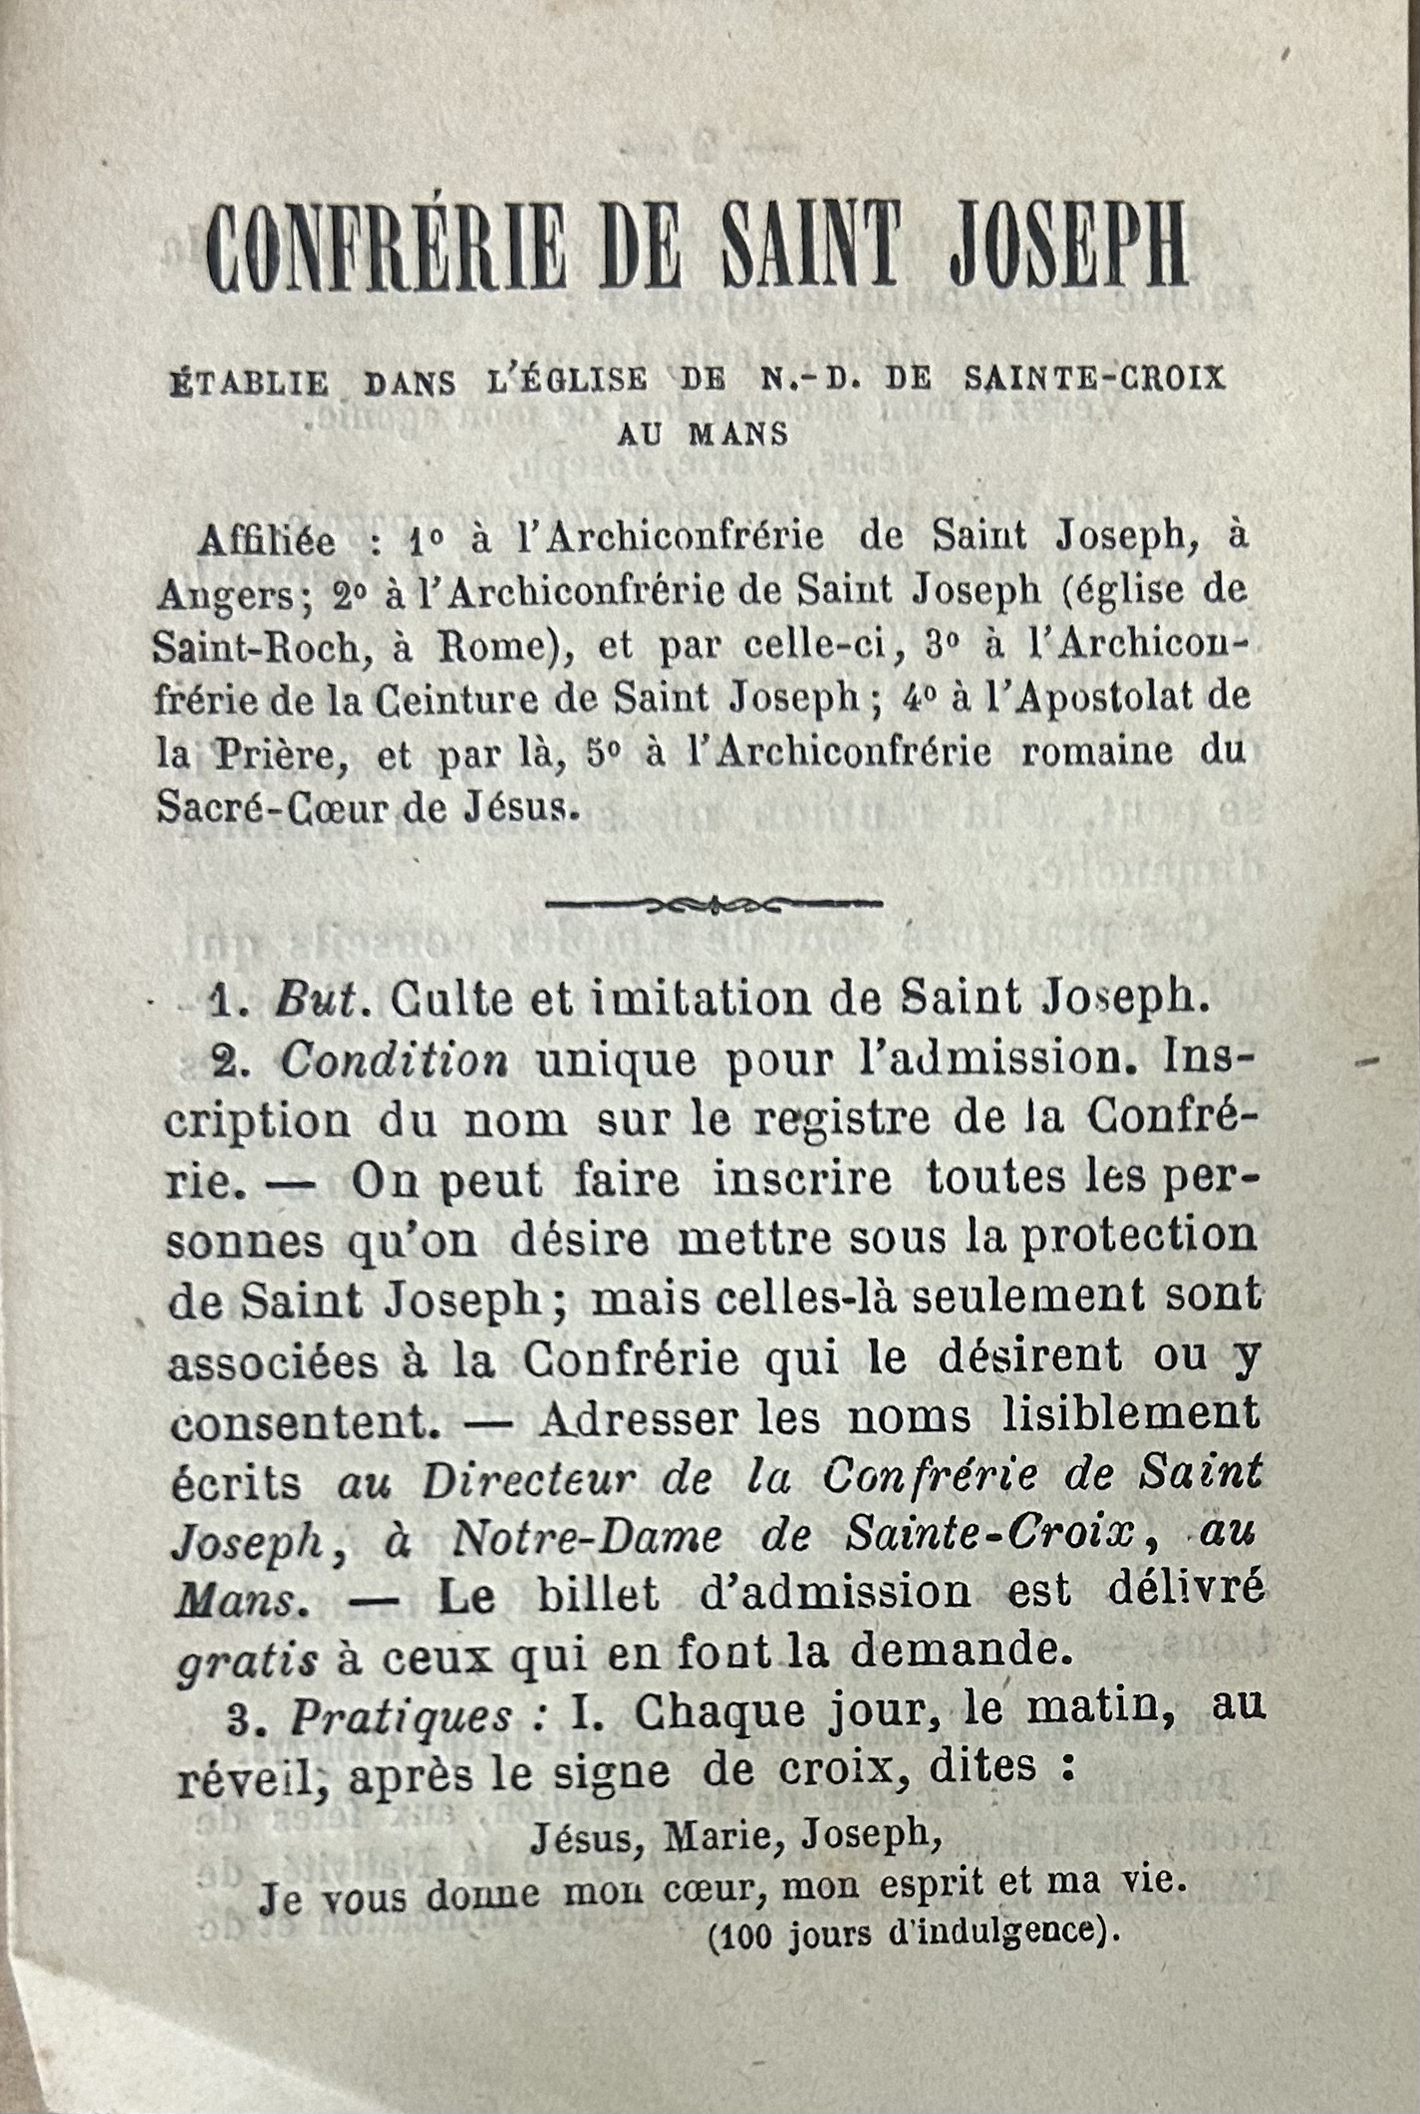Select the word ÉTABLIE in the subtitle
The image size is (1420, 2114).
pos(249,384)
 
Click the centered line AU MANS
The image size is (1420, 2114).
pos(703,435)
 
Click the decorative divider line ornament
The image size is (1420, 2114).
pos(714,905)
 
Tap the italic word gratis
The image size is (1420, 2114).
pos(248,1661)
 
